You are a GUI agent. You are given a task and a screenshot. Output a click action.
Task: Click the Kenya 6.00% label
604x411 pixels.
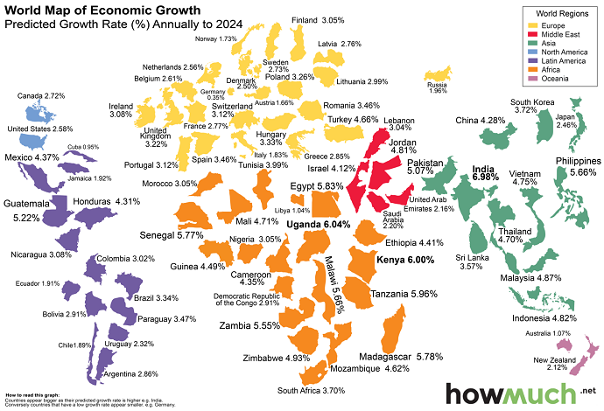[x=404, y=261]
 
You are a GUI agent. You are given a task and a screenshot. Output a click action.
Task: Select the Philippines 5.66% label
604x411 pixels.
[x=577, y=167]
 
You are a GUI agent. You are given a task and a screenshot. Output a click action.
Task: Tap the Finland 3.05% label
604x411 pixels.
[x=318, y=19]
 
